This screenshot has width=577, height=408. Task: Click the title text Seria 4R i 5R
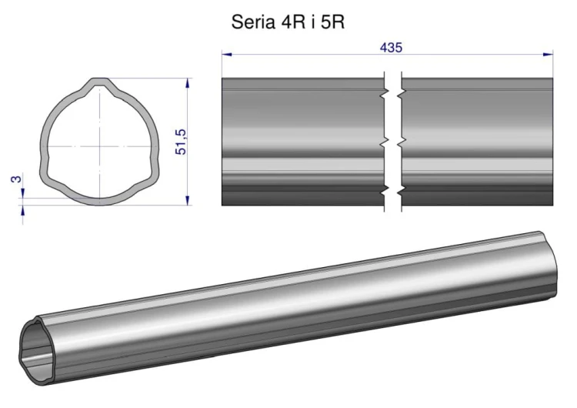coord(288,22)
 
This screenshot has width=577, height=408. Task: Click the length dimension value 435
coord(391,48)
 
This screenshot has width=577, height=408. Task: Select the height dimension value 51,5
coord(181,142)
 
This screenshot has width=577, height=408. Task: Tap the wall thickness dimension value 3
coord(17,179)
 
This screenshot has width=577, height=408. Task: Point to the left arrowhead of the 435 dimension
coord(227,55)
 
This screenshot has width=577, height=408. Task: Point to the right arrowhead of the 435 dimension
coord(548,55)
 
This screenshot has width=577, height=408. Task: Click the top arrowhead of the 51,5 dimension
coord(188,83)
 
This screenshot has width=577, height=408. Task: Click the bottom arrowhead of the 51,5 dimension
coord(188,200)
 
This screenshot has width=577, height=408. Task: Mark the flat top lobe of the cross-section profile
coord(100,81)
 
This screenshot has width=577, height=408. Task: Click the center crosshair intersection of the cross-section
coord(100,146)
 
